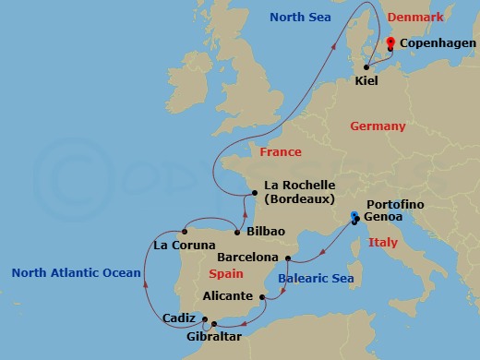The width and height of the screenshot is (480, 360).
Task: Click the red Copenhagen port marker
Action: [390, 42]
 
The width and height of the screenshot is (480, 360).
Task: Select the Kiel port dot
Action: [366, 66]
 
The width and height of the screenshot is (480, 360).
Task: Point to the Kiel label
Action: [366, 81]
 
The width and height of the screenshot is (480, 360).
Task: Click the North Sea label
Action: [300, 17]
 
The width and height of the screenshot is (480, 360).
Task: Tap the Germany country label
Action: [377, 126]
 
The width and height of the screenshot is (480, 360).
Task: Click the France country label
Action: [281, 151]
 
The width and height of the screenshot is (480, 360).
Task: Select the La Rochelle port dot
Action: [256, 193]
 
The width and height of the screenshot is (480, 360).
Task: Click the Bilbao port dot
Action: [238, 231]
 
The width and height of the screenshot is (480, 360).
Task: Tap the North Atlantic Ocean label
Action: [76, 272]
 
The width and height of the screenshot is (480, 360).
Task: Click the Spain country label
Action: [226, 274]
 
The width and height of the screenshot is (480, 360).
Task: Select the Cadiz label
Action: [177, 318]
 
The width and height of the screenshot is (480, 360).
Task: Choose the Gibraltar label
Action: [214, 338]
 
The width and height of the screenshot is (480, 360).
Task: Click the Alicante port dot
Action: [263, 296]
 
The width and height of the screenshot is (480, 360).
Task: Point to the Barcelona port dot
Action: [288, 258]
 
